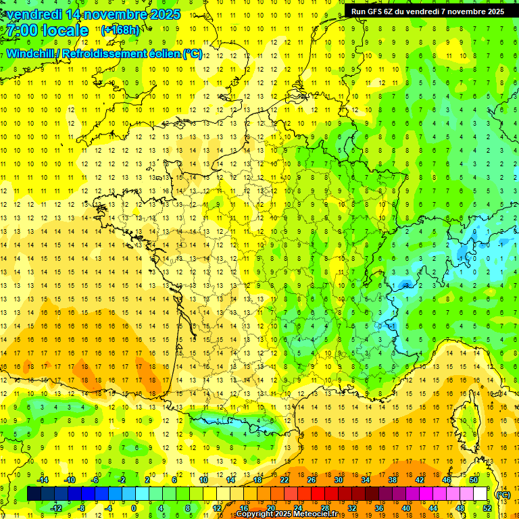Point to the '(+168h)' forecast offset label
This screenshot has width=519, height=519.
click(120, 30)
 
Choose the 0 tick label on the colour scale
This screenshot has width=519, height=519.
click(134, 508)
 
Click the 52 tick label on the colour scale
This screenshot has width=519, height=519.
click(487, 508)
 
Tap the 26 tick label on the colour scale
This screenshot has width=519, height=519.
click(312, 480)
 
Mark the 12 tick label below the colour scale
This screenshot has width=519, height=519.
click(217, 508)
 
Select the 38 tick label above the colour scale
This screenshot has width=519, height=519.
click(393, 480)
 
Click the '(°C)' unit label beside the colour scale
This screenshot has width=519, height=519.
click(503, 494)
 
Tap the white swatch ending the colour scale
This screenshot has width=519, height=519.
click(480, 494)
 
